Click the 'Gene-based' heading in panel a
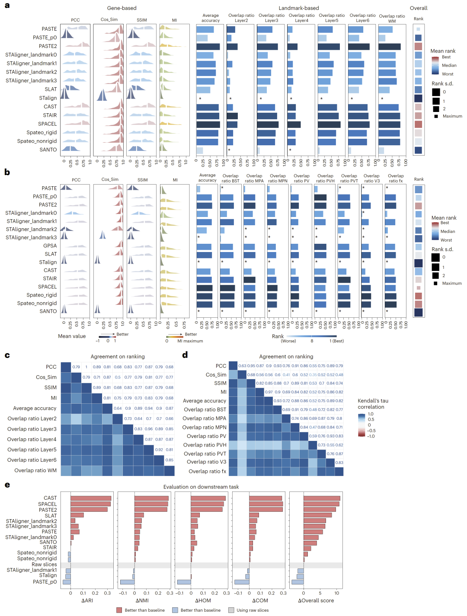[x=122, y=8]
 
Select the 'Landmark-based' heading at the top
[x=298, y=8]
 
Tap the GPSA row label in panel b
[x=50, y=246]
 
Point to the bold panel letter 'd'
[x=185, y=355]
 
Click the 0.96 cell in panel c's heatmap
[x=148, y=429]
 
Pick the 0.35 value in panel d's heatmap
[x=313, y=375]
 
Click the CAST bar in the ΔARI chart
[x=91, y=498]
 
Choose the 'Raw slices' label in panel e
[x=44, y=565]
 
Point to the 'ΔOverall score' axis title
[x=316, y=600]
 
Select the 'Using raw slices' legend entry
[x=253, y=610]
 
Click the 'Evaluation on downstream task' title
[x=201, y=487]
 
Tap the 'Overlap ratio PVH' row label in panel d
[x=205, y=445]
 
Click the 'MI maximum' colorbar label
[x=190, y=341]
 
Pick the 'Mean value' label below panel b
[x=72, y=336]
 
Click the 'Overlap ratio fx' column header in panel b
[x=396, y=179]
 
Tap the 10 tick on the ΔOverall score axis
[x=337, y=593]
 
